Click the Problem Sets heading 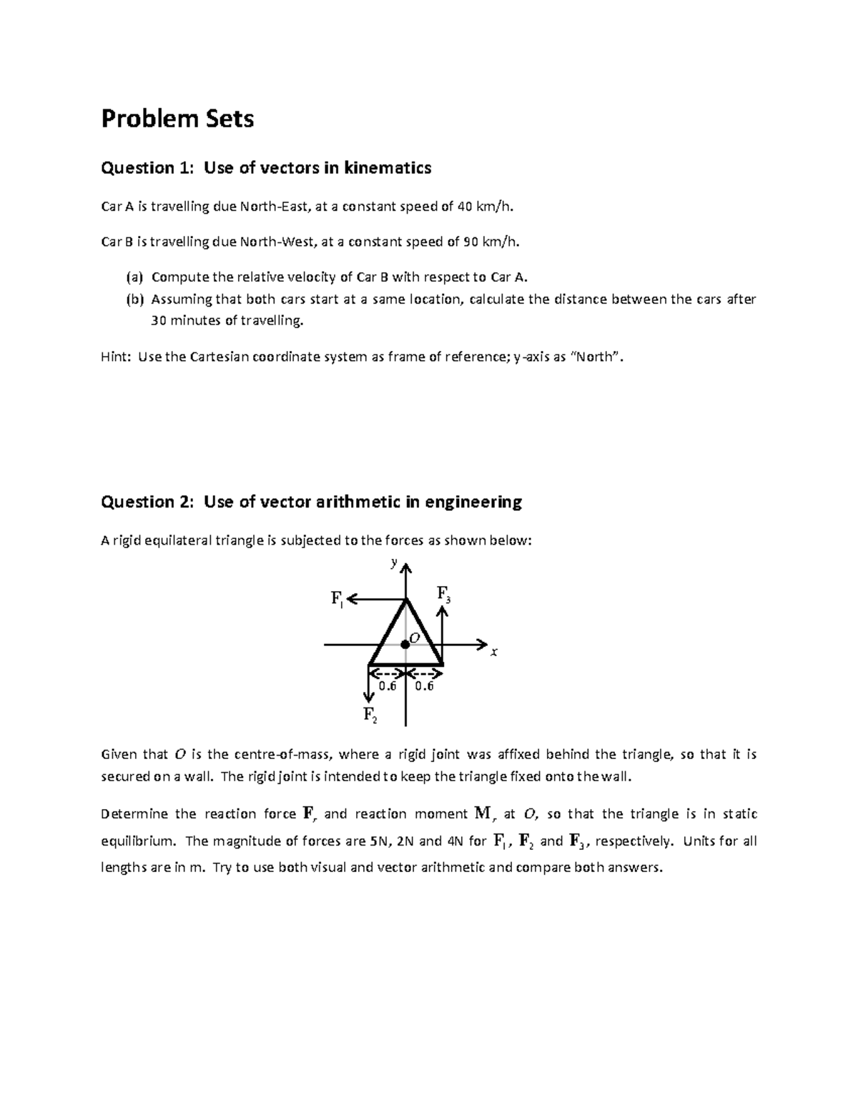[177, 119]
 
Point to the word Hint [116, 357]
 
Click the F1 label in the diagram [337, 599]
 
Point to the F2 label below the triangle [370, 714]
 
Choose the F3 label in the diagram [443, 594]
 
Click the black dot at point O [405, 644]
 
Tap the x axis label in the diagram [493, 652]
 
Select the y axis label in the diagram [393, 563]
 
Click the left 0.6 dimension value [387, 686]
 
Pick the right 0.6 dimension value [424, 686]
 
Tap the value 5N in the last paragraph [379, 841]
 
